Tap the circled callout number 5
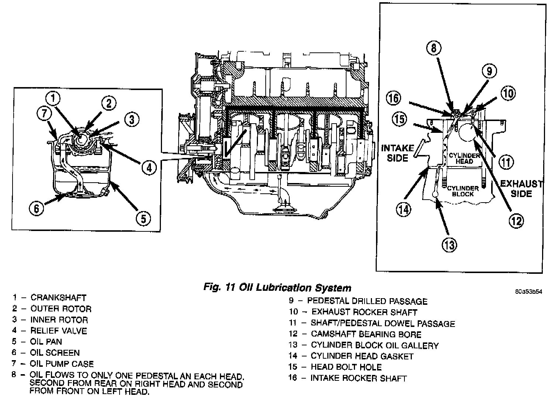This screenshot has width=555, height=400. coord(143,218)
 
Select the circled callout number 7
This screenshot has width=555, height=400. coord(45,114)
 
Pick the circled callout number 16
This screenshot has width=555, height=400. coord(393,98)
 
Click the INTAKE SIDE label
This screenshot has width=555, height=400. coord(397,153)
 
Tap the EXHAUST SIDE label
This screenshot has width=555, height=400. coord(521,189)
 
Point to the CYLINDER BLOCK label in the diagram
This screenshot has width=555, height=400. coord(463,191)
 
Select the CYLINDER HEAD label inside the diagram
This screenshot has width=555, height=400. coord(464,158)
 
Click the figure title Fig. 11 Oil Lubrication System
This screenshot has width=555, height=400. coord(277,287)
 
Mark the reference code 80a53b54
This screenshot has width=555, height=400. coord(529,291)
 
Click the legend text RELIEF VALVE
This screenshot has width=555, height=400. coord(59,331)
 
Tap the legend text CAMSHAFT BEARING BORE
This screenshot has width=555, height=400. coord(366,334)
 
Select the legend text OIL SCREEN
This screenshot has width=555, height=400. coord(55,353)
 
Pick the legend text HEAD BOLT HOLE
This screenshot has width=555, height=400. coord(346,367)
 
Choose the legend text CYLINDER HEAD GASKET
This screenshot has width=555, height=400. coord(362,356)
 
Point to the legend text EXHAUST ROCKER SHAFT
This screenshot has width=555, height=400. coord(364,312)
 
